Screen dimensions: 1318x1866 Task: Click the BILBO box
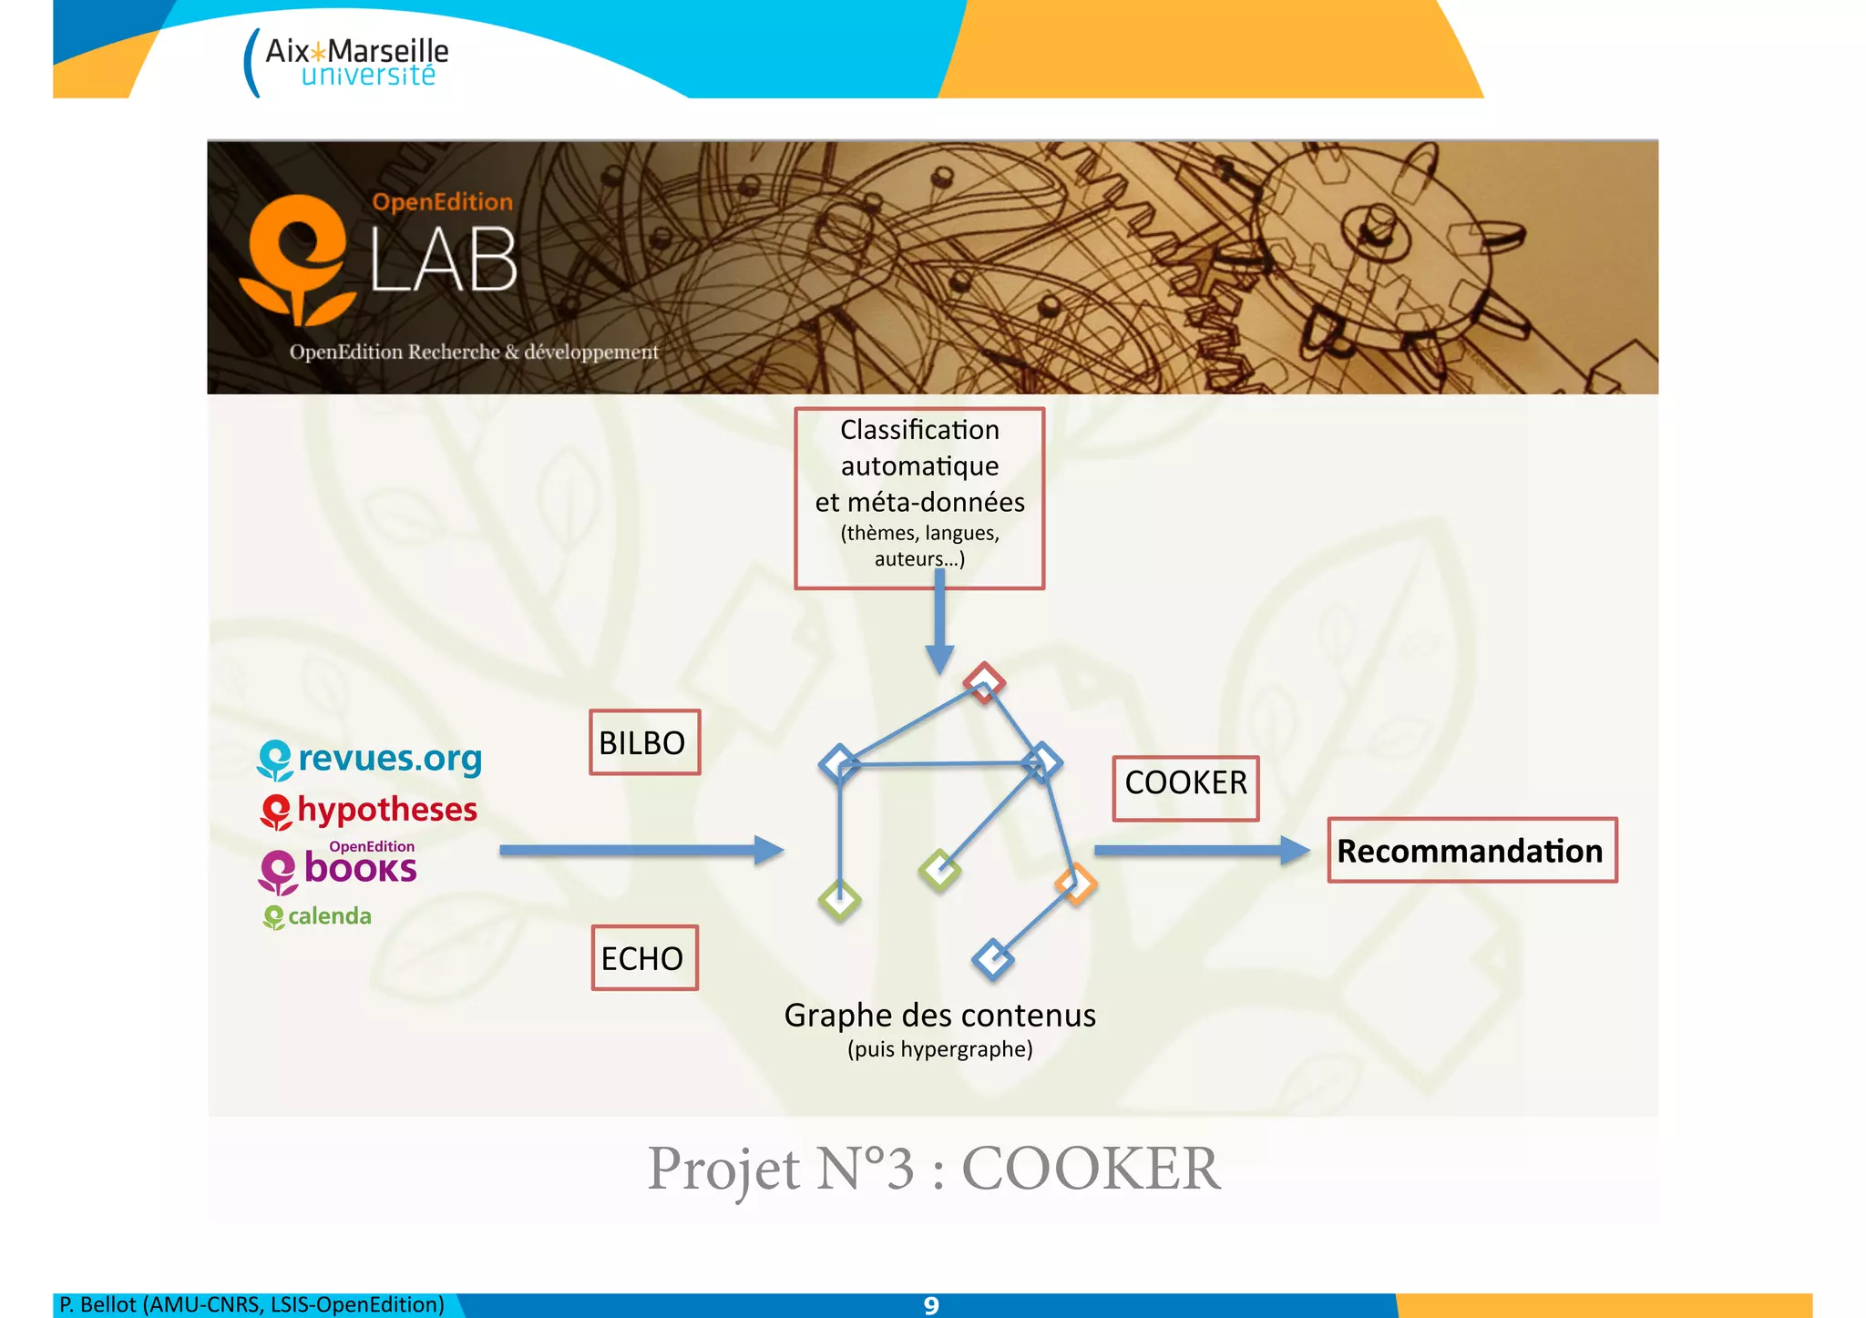tap(644, 742)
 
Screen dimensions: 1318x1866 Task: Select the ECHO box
tap(644, 957)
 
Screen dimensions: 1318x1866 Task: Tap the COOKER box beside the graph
tap(1185, 788)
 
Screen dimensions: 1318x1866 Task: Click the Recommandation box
tap(1471, 850)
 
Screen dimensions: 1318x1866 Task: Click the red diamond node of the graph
tap(984, 681)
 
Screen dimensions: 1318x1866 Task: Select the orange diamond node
tap(1075, 883)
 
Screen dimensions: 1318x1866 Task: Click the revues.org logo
tap(370, 759)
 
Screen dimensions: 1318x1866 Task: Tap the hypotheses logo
tap(369, 811)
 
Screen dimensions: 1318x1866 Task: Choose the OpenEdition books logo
tap(338, 867)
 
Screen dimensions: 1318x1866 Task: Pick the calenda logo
tap(317, 916)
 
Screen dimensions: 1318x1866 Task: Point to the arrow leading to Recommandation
tap(1201, 850)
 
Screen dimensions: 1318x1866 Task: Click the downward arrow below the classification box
tap(939, 628)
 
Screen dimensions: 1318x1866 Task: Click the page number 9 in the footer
tap(930, 1305)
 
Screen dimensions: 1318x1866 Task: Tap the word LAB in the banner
tap(445, 261)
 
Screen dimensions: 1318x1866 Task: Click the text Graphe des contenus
tap(939, 1015)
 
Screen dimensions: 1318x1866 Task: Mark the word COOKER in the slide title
tap(1091, 1168)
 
